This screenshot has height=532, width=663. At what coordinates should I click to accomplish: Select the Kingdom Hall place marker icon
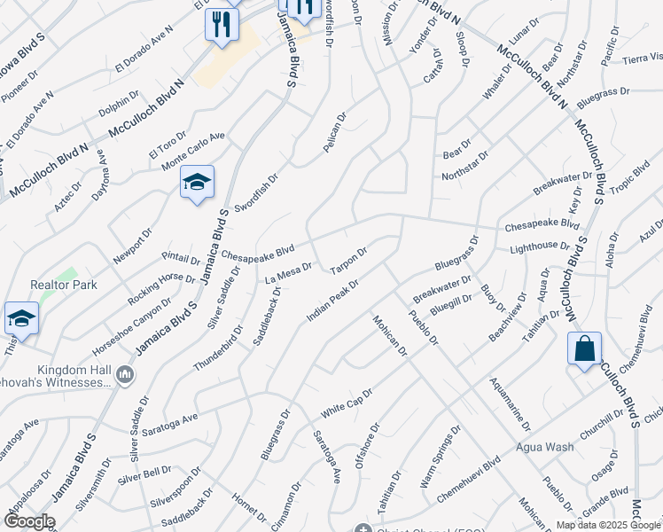(x=125, y=376)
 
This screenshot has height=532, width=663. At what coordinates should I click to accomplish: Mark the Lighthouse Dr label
(x=539, y=246)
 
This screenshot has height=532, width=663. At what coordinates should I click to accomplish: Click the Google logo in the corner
(x=28, y=521)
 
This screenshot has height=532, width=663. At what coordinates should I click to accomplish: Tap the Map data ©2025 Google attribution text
(x=608, y=524)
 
